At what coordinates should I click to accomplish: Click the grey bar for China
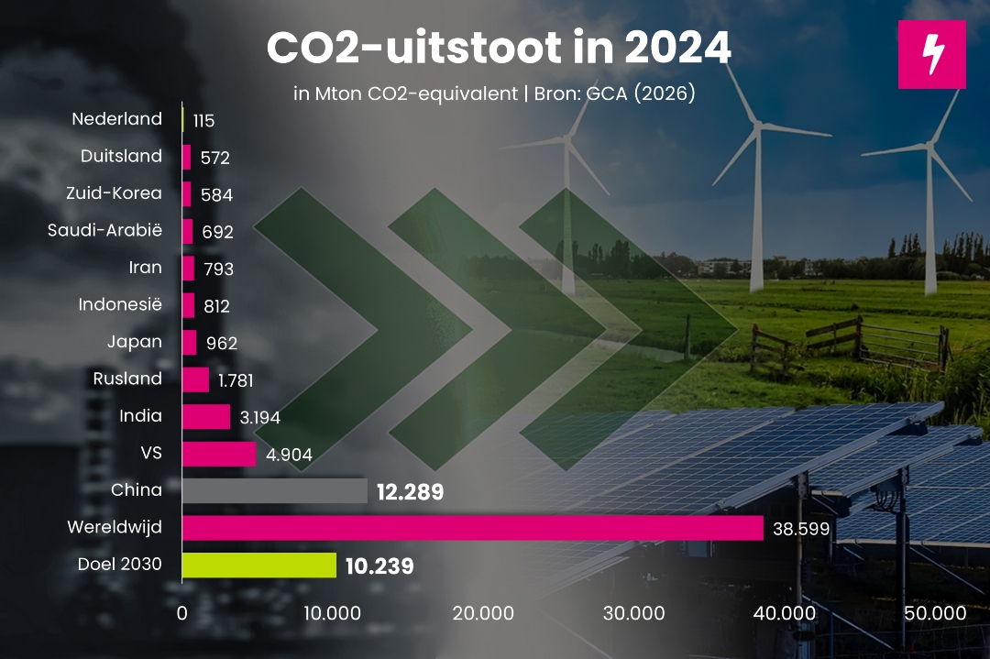[x=275, y=491]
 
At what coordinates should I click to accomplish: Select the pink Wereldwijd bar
[x=472, y=528]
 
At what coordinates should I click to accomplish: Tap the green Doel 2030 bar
[x=259, y=565]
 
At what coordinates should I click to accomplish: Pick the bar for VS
[x=219, y=454]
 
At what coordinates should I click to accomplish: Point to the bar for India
[x=206, y=417]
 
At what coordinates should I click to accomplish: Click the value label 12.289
[x=410, y=492]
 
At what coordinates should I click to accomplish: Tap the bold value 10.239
[x=379, y=566]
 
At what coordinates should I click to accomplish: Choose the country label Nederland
[x=116, y=118]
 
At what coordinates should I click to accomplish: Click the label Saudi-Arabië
[x=104, y=230]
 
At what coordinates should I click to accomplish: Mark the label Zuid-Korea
[x=114, y=192]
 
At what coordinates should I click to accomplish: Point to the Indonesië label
[x=120, y=304]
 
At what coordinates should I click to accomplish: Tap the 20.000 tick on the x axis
[x=483, y=613]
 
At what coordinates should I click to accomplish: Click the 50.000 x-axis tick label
[x=935, y=613]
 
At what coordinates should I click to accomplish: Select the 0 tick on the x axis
[x=182, y=613]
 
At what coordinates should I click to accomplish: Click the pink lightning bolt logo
[x=931, y=54]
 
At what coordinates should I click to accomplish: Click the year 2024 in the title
[x=674, y=48]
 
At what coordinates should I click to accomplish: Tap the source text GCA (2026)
[x=645, y=94]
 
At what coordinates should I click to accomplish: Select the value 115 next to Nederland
[x=203, y=121]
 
